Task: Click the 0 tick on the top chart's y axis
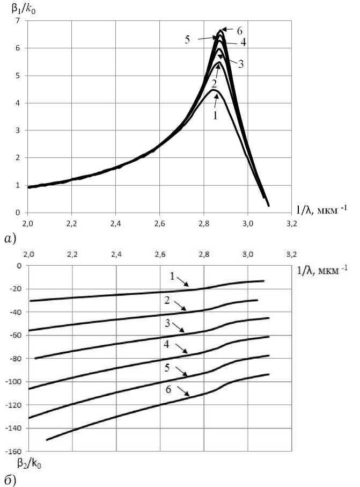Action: [18, 213]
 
